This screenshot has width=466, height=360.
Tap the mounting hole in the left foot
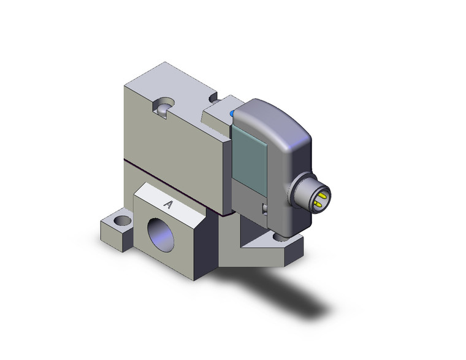point(123,220)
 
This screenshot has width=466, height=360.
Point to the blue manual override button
point(232,113)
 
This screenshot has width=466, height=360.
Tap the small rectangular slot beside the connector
point(265,209)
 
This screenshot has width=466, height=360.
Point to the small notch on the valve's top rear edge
point(213,97)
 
